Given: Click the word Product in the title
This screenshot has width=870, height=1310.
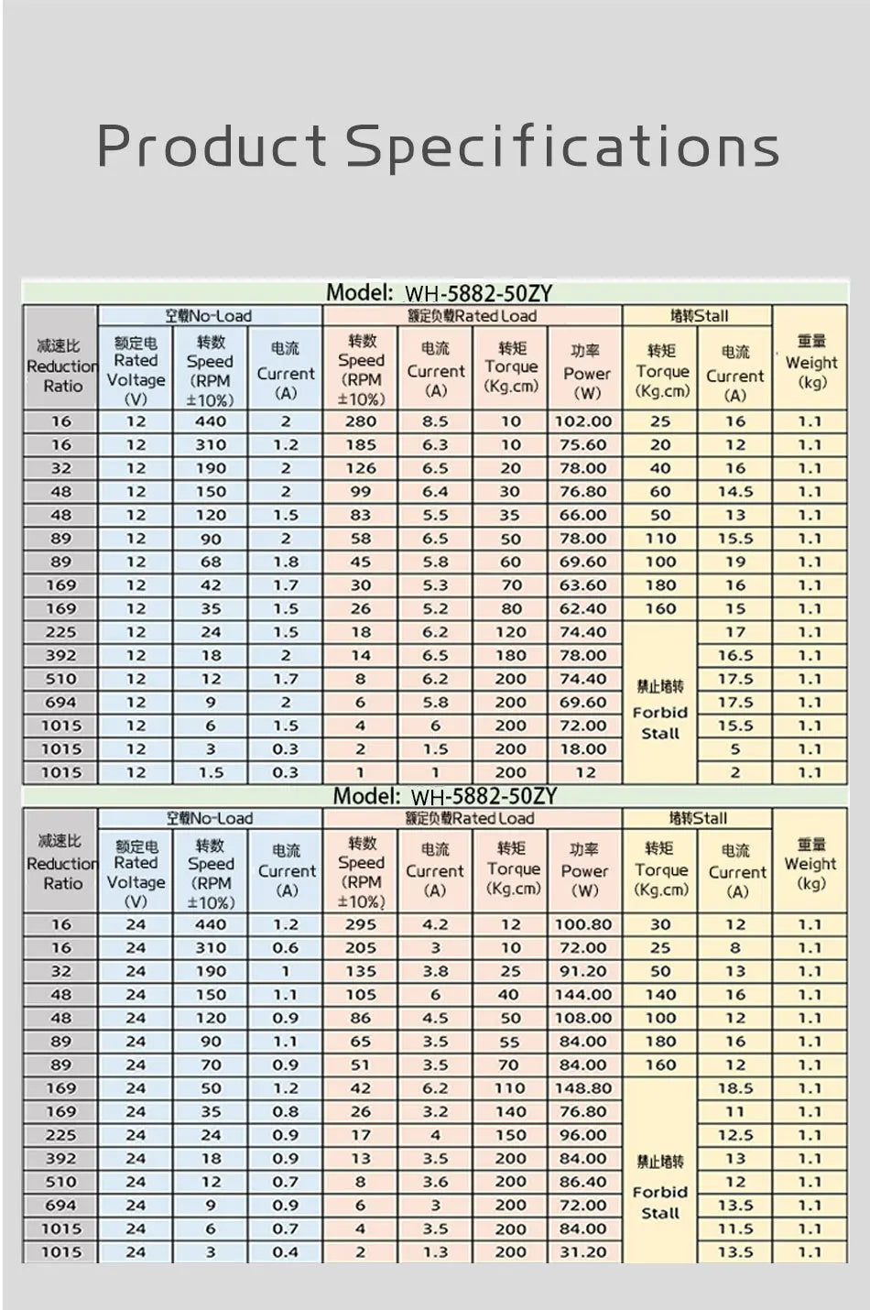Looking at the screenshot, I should [212, 145].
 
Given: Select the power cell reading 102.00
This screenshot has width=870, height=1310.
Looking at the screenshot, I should [584, 421].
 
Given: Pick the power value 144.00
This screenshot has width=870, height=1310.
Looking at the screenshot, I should [583, 995].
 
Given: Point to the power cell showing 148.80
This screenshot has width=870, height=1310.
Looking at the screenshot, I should [583, 1088].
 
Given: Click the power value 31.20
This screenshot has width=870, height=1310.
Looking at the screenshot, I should [583, 1252].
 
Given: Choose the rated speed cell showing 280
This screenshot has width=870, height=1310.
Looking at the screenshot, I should [361, 421].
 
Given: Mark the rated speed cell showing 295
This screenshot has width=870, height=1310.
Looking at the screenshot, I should [361, 925].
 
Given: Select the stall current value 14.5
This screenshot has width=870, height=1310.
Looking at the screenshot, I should [735, 492].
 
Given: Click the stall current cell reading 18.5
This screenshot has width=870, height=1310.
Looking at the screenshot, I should [735, 1088].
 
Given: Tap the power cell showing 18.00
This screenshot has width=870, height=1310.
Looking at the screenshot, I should [584, 749].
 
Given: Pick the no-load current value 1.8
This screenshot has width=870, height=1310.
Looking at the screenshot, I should [286, 562].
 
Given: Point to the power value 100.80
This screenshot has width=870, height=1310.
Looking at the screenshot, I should [583, 925].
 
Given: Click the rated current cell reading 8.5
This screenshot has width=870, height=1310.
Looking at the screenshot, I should [436, 421].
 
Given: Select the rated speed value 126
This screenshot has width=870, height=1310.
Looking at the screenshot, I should [361, 468].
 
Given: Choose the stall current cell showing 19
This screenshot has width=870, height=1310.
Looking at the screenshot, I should [735, 562].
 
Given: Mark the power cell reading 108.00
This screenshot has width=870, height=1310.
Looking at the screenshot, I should [583, 1018].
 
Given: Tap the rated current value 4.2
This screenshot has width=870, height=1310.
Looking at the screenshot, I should [436, 925].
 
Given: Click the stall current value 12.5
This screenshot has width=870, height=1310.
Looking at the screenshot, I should [735, 1135].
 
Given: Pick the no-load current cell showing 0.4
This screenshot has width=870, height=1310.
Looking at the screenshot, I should [286, 1252].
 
